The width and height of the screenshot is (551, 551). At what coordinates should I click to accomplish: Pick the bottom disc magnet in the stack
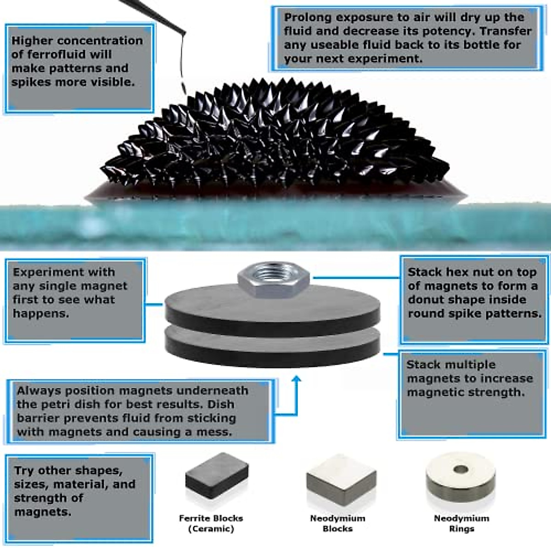(x=272, y=344)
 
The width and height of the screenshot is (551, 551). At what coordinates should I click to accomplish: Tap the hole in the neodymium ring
(x=461, y=470)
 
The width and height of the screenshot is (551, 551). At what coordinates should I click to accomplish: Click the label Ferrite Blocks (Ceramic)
(x=211, y=523)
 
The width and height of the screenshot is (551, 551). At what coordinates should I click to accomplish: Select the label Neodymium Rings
(x=461, y=523)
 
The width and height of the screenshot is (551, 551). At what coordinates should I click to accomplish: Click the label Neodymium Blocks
(x=337, y=523)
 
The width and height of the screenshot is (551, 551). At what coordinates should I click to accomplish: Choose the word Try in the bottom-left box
(x=23, y=471)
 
